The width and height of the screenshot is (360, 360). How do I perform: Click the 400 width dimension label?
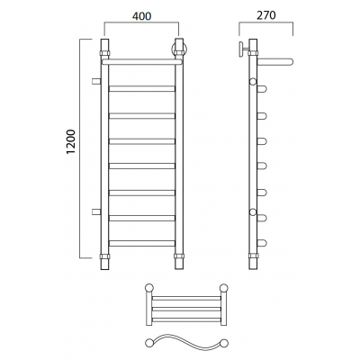tap(141, 16)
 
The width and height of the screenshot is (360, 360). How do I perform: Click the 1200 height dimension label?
tap(70, 142)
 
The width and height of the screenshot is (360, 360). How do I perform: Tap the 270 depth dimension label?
tap(266, 15)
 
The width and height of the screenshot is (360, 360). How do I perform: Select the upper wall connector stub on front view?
tap(96, 81)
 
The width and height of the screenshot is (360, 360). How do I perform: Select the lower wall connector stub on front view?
tap(96, 211)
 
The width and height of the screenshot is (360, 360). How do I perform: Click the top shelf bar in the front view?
tap(142, 62)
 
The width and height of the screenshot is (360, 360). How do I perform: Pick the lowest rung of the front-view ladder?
tap(142, 243)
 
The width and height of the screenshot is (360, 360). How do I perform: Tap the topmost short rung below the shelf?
tap(142, 88)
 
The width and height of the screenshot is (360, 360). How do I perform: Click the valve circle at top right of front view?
tap(179, 49)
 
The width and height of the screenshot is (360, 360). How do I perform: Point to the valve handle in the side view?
tap(242, 49)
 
